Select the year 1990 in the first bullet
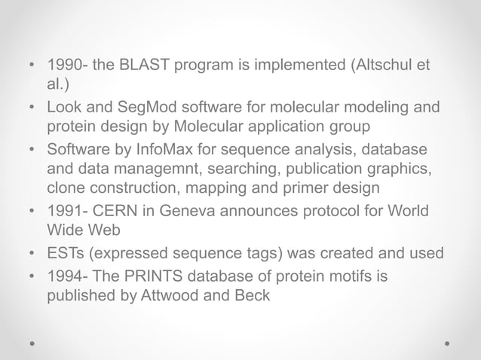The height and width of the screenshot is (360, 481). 64,66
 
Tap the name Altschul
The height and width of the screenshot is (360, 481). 384,66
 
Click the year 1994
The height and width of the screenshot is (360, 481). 64,277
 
